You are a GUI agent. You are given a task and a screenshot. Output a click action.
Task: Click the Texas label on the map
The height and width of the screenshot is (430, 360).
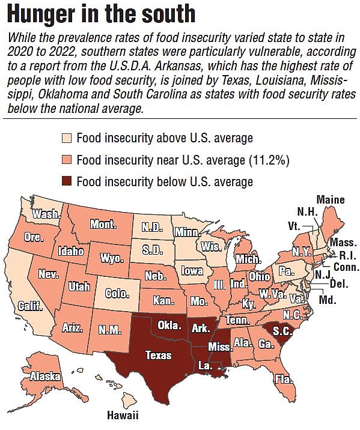click(x=158, y=355)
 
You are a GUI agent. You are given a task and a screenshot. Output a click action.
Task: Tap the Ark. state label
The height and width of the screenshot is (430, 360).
click(x=201, y=329)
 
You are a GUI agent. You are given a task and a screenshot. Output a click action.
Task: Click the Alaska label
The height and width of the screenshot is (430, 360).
click(x=46, y=377)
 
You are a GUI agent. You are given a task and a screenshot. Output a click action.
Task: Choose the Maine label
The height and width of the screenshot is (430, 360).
click(x=330, y=199)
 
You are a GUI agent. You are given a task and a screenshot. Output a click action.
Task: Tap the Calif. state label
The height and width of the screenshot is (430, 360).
click(x=29, y=306)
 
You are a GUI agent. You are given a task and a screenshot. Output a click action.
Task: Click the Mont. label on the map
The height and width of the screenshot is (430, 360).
click(x=103, y=225)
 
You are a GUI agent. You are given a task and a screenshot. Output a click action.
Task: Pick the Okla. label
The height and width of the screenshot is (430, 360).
click(x=169, y=326)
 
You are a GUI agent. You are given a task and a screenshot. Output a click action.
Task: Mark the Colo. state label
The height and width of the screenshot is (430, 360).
click(x=117, y=294)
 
